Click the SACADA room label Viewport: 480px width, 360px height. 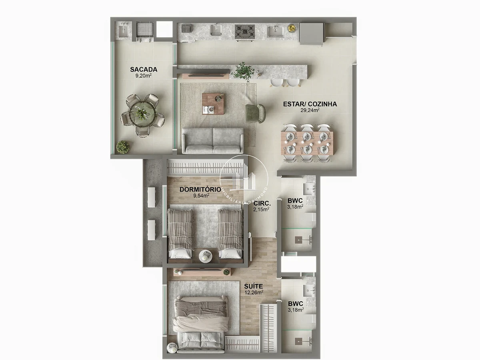click(144, 70)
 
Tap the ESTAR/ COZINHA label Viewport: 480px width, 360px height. click(310, 104)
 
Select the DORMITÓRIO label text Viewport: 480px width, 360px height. click(200, 189)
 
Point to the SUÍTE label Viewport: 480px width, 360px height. click(254, 286)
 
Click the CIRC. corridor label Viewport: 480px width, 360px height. click(262, 204)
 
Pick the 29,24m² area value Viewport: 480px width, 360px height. click(310, 110)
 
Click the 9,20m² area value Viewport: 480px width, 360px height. click(144, 76)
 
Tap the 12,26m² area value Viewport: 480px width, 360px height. click(254, 292)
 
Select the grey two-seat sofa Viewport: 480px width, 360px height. click(213, 140)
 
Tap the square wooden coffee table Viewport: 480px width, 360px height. click(213, 104)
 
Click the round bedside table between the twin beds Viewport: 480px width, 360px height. click(205, 256)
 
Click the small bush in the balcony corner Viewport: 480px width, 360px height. click(123, 147)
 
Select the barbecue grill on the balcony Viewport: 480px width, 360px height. click(145, 32)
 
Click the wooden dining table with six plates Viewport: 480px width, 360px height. click(307, 143)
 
